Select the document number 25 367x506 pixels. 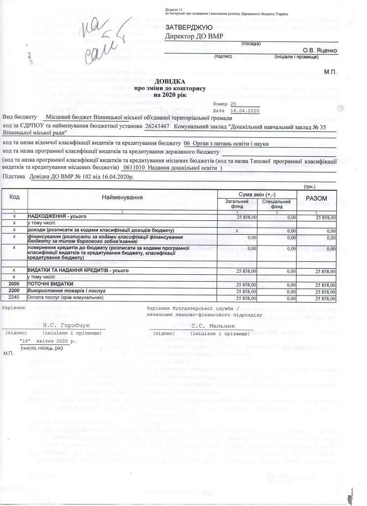pyautogui.click(x=233, y=104)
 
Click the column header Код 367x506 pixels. pyautogui.click(x=15, y=197)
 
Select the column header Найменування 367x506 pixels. pyautogui.click(x=123, y=198)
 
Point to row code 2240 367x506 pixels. pyautogui.click(x=14, y=298)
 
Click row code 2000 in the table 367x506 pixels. pyautogui.click(x=15, y=285)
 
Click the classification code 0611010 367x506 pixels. pyautogui.click(x=135, y=168)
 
